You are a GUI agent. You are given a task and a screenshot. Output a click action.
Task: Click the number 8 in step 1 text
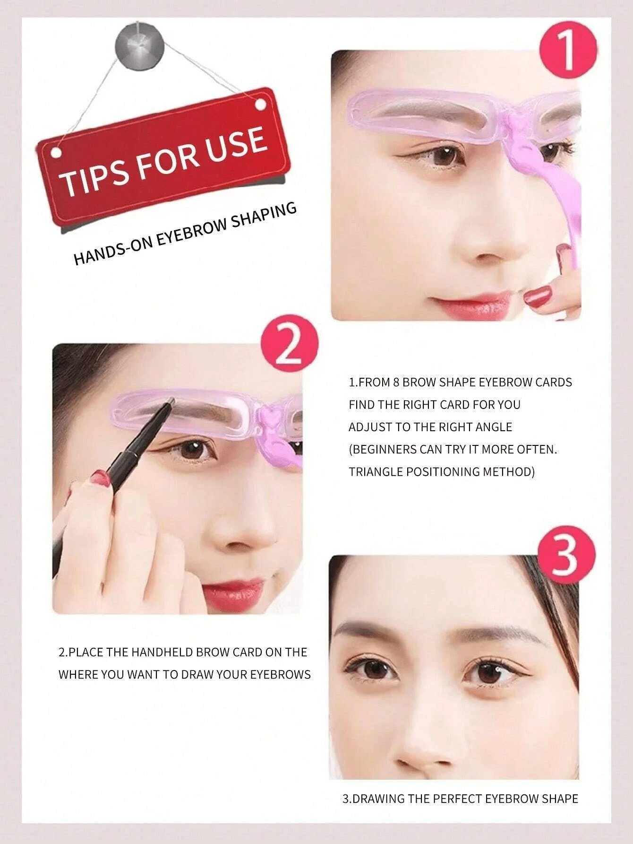tap(396, 382)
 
